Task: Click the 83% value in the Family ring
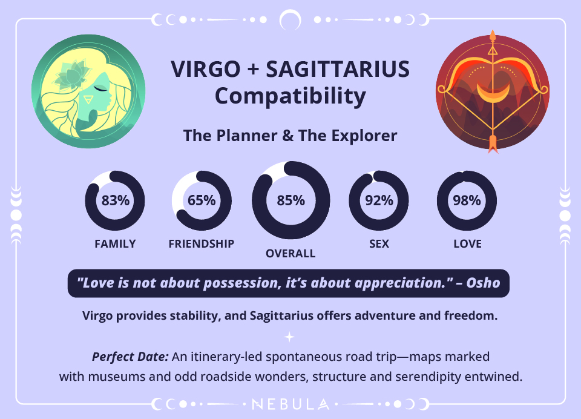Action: pyautogui.click(x=115, y=200)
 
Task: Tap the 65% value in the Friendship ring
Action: pyautogui.click(x=202, y=200)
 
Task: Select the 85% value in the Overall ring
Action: pyautogui.click(x=290, y=200)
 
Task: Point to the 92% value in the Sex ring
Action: pyautogui.click(x=379, y=200)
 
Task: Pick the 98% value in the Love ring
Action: pyautogui.click(x=467, y=200)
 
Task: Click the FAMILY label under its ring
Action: pyautogui.click(x=115, y=244)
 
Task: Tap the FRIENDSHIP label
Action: pyautogui.click(x=202, y=244)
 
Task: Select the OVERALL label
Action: pyautogui.click(x=290, y=254)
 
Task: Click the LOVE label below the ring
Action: pyautogui.click(x=467, y=244)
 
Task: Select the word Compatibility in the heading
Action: pyautogui.click(x=290, y=96)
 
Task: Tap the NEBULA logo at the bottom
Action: pyautogui.click(x=290, y=403)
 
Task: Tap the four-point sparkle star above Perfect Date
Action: pyautogui.click(x=290, y=337)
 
